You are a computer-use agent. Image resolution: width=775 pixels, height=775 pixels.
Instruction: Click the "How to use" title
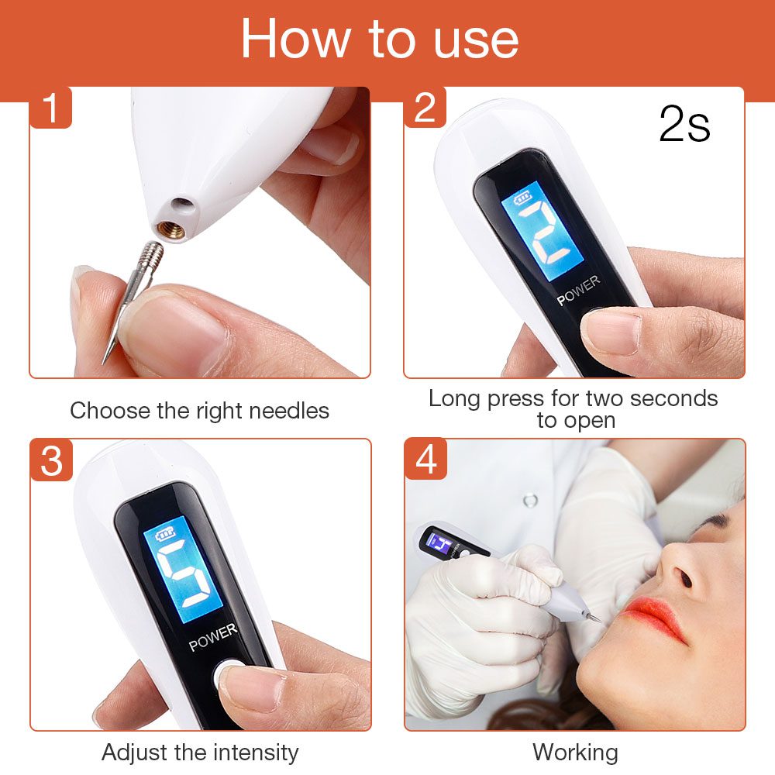(x=380, y=39)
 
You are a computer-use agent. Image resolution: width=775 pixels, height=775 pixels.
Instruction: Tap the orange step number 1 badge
(x=51, y=108)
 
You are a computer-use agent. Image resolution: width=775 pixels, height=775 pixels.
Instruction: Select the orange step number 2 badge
(x=425, y=108)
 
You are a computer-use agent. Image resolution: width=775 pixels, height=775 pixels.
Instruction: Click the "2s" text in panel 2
(x=684, y=124)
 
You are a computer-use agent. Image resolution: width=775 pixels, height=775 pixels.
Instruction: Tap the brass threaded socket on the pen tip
(x=173, y=229)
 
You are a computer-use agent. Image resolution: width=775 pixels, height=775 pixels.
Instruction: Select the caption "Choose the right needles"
(x=199, y=410)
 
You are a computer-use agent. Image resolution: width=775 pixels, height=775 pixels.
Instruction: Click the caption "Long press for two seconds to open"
(x=573, y=409)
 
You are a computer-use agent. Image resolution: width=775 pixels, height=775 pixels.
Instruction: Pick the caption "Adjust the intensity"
(x=199, y=752)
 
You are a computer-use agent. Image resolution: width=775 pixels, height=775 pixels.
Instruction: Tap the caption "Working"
(x=575, y=752)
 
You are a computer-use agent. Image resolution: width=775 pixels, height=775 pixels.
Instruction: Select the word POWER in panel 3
(x=213, y=638)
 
